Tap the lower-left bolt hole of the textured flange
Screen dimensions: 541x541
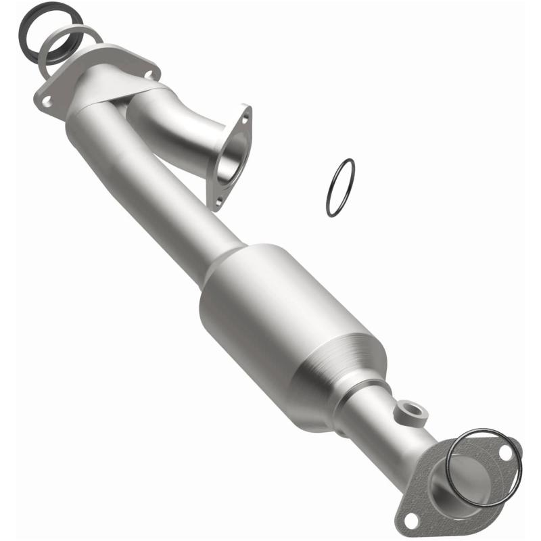pyautogui.click(x=410, y=519)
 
